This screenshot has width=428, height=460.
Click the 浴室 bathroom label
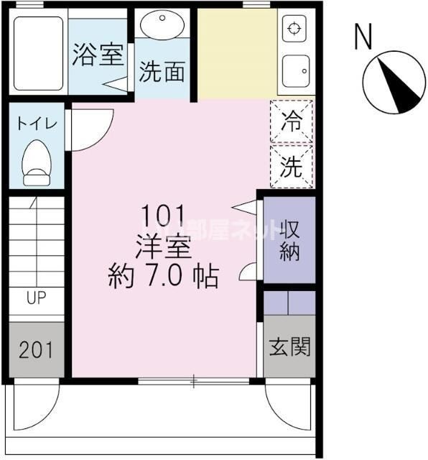(98, 56)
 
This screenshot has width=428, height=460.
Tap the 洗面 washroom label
(162, 72)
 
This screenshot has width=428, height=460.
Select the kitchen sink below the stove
(294, 70)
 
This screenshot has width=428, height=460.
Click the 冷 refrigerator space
(292, 120)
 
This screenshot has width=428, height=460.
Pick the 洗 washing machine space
(292, 167)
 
